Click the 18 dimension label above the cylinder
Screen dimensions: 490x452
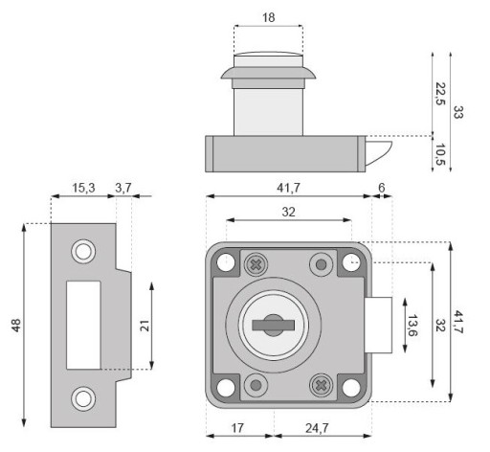pos(269,17)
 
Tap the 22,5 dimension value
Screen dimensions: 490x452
pos(440,94)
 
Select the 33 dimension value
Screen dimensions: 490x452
pos(458,112)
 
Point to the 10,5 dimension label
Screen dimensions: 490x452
pos(440,154)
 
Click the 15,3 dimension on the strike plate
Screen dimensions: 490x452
pos(83,188)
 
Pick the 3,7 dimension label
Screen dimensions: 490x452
pos(123,188)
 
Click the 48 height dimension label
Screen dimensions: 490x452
pos(16,326)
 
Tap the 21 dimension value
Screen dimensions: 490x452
pos(145,326)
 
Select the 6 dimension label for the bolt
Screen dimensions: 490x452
pos(382,188)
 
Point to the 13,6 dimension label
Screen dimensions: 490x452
pos(412,326)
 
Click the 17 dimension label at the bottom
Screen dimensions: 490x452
pos(237,428)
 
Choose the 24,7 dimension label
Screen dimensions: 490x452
pos(317,428)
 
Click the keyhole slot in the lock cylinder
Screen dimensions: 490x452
pos(274,326)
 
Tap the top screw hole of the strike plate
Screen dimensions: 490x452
pos(83,252)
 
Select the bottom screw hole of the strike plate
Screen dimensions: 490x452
pos(83,398)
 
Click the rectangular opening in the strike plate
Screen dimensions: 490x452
pos(83,325)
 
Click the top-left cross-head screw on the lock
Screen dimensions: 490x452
pos(256,264)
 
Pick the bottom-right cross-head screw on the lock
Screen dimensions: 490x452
pos(321,386)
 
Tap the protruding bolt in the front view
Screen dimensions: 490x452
pos(378,325)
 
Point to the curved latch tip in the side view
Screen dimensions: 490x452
pos(379,153)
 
